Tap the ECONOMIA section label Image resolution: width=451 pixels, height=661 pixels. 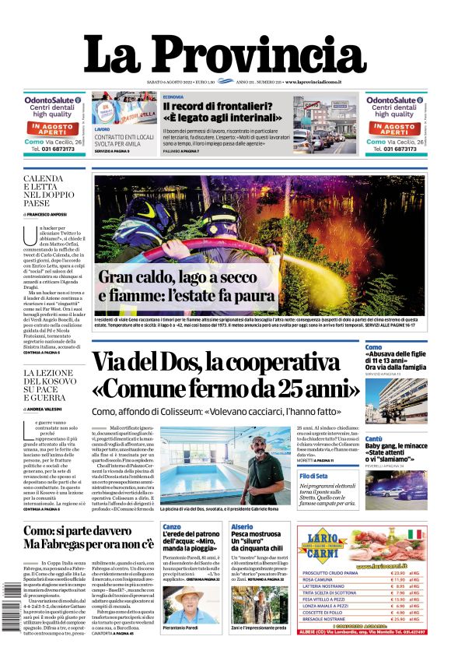coord(173,97)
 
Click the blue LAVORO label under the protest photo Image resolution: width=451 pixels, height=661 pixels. coord(102,129)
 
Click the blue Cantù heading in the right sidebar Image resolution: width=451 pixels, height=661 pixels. coord(373,439)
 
